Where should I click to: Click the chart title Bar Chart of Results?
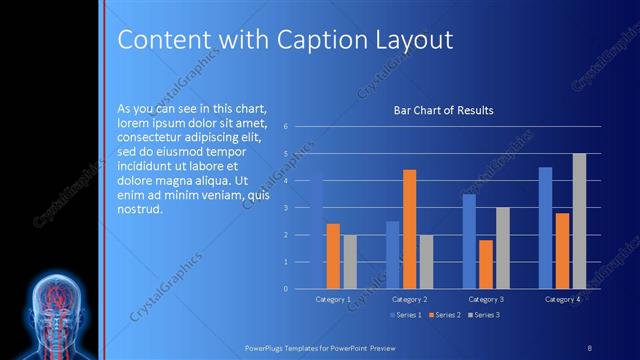443,110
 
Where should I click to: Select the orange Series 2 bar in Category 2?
409,229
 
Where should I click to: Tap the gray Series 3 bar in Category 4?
579,221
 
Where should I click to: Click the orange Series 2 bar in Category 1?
333,256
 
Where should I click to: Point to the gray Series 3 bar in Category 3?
502,248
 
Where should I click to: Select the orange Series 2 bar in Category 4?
562,251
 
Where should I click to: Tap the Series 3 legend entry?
485,315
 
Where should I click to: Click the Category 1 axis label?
333,299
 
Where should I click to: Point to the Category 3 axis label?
486,299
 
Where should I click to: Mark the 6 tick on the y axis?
286,127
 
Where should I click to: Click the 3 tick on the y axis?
286,208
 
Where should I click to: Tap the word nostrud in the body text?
139,209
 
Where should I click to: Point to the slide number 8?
590,346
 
